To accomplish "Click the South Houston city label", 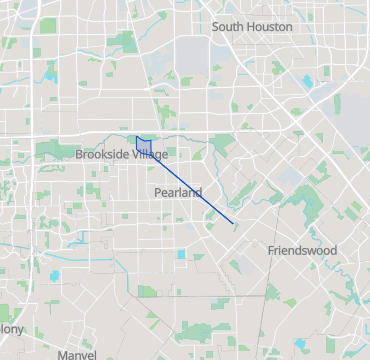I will click(252, 27).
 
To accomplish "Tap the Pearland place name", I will click(178, 192).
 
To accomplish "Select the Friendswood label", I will click(302, 250).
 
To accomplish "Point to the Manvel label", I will click(77, 354).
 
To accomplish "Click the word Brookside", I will click(103, 154).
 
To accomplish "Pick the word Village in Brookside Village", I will click(150, 154).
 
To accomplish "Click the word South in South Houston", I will click(227, 27).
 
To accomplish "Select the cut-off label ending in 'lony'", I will click(11, 328).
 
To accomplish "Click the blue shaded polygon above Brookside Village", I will click(146, 144).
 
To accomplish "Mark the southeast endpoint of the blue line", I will click(233, 223).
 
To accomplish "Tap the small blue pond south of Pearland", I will click(182, 254).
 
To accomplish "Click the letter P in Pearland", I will click(158, 192).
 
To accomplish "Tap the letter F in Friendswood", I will click(271, 250).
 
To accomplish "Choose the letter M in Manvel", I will click(62, 354).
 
